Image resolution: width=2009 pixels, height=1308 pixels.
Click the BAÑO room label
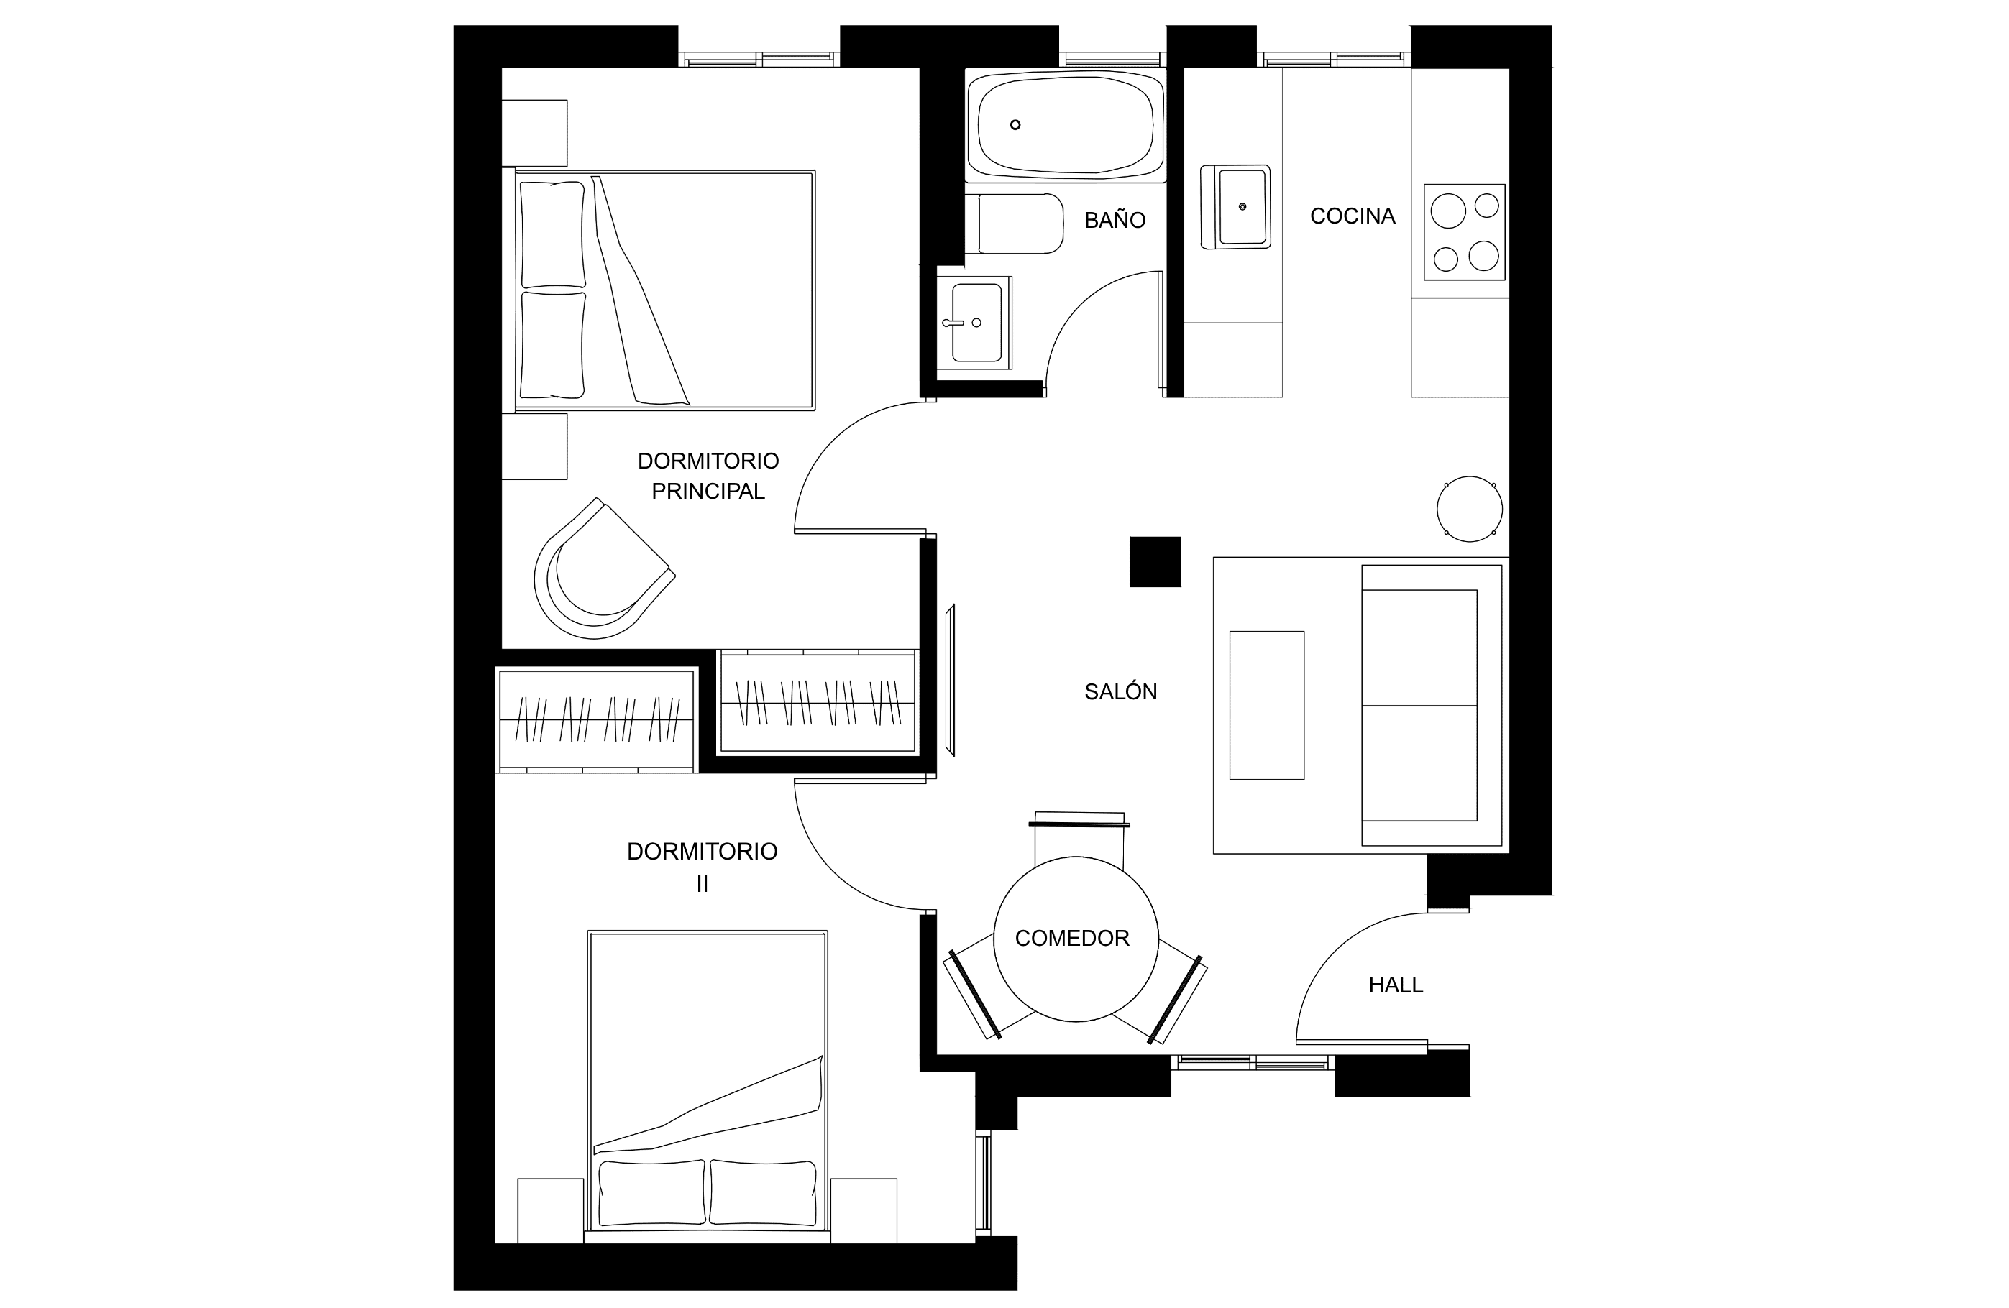1115,220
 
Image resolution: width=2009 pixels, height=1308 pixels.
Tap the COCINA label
1353,216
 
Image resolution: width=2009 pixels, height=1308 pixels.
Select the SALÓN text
1120,692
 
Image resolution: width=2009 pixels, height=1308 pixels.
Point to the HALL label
1396,985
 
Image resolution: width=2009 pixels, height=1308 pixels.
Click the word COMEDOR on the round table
1072,939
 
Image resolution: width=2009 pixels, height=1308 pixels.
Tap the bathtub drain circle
1015,125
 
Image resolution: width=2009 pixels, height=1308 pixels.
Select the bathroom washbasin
974,323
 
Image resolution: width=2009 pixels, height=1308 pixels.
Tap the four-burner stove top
1465,232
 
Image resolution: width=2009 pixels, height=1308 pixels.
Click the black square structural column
1155,562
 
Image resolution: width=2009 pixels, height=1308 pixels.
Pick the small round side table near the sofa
1470,509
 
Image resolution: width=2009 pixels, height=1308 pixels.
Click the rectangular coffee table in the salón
1266,706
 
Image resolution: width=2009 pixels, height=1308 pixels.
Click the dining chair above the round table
1079,839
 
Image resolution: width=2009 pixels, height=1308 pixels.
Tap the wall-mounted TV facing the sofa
951,680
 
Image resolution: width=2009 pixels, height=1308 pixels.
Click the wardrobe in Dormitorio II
597,720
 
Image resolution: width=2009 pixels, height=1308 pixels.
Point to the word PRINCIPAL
708,491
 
